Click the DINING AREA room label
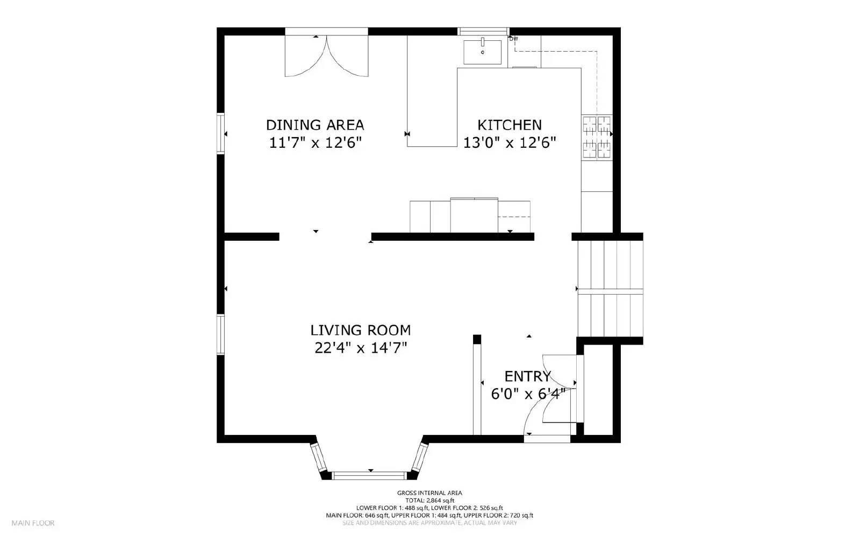[315, 125]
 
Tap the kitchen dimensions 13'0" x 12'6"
[509, 143]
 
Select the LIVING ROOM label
[360, 330]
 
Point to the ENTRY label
[527, 376]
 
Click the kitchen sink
[482, 52]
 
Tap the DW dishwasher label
[514, 39]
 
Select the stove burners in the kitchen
[597, 138]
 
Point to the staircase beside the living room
[610, 289]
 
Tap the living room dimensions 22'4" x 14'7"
[360, 348]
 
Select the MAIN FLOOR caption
[33, 522]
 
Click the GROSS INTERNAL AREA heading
[429, 493]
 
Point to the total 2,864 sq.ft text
[429, 500]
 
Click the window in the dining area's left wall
[220, 133]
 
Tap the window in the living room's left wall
[220, 334]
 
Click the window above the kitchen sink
[483, 31]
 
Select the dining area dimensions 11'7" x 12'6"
[315, 143]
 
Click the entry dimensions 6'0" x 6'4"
[527, 395]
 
